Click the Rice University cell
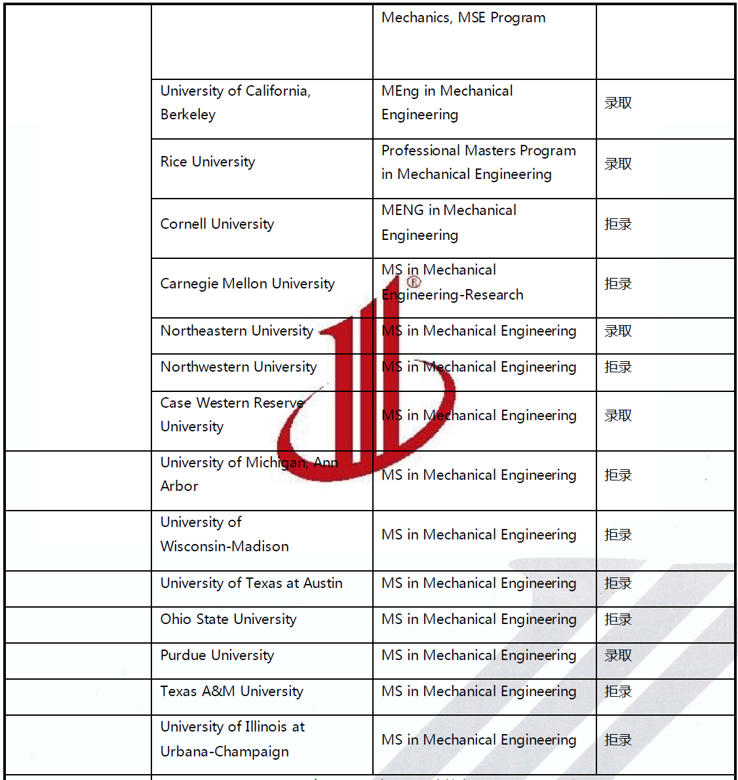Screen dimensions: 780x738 coord(208,162)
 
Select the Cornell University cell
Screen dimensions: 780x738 coord(217,224)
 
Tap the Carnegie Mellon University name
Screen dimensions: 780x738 coord(247,284)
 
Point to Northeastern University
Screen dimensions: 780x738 coord(237,331)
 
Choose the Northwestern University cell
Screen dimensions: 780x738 coord(239,367)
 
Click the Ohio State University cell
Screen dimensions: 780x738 coord(228,619)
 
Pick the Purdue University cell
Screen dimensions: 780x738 coord(217,655)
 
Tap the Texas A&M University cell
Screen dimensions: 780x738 coord(231,692)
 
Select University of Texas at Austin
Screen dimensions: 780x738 coord(251,583)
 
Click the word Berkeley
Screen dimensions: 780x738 coord(187,115)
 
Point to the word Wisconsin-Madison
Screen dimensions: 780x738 coord(224,547)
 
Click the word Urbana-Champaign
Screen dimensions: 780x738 coord(224,752)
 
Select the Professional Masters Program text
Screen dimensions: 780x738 coord(478,151)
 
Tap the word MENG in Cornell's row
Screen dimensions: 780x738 coord(402,210)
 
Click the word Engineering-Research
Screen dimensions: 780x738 coord(452,295)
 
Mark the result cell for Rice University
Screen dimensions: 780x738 coord(618,164)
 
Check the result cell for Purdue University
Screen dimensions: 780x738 coord(618,655)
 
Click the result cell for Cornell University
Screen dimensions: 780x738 coord(618,224)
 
